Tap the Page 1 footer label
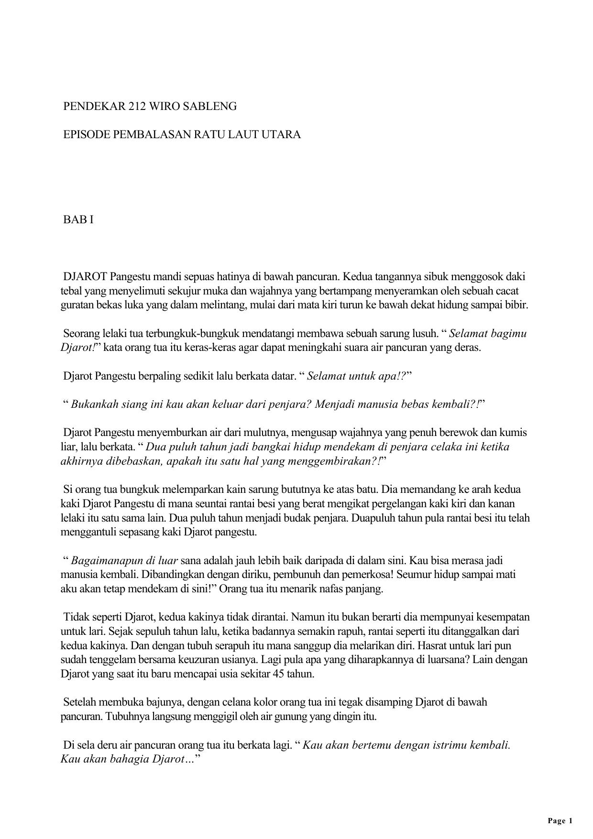coord(560,821)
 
